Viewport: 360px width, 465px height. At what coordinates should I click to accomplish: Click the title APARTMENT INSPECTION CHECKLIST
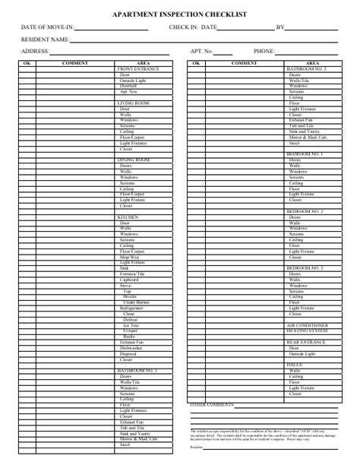click(x=179, y=14)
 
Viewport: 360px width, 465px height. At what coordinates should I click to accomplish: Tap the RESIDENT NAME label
click(x=40, y=39)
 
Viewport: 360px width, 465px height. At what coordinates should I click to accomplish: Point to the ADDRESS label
click(x=36, y=51)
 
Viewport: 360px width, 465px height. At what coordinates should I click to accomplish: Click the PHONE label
click(x=264, y=51)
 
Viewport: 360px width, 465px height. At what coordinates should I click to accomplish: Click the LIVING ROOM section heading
click(x=131, y=103)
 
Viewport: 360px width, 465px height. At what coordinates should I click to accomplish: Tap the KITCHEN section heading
click(x=127, y=217)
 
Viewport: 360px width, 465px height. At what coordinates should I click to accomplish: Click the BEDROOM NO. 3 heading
click(x=305, y=268)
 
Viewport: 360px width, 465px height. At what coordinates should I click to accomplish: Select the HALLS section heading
click(x=293, y=365)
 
